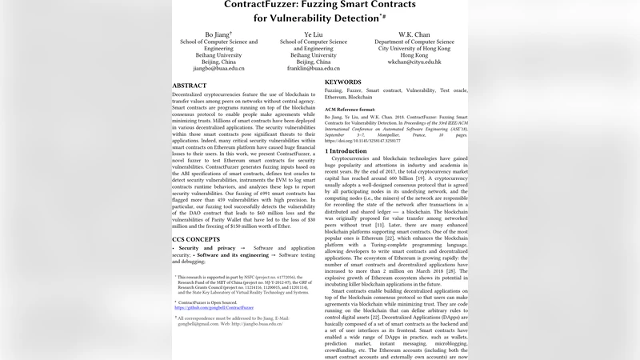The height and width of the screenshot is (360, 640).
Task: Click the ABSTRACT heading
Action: tap(190, 85)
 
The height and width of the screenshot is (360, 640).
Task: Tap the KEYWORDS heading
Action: tap(343, 82)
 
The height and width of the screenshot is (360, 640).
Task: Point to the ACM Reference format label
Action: tap(350, 109)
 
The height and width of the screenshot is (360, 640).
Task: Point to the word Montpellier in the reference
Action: tap(402, 133)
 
